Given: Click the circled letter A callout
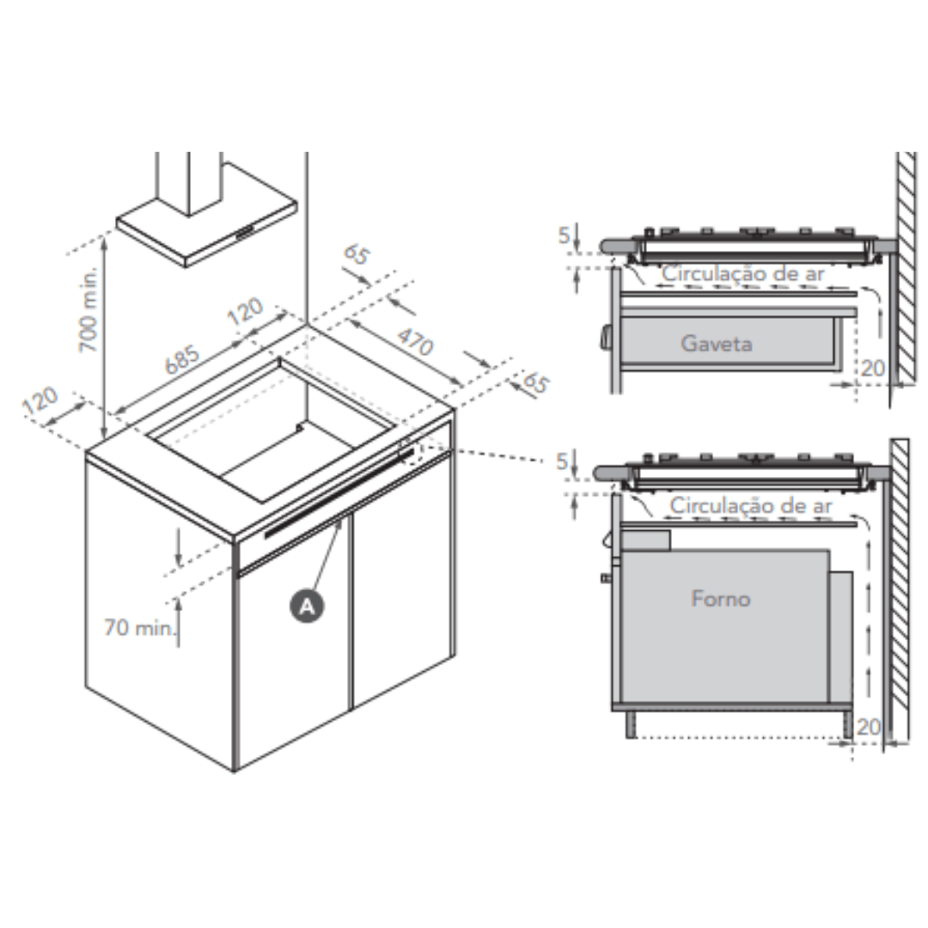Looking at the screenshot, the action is [307, 606].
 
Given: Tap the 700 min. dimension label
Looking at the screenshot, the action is [89, 309].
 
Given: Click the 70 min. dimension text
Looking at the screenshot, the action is [140, 626].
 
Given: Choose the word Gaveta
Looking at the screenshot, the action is [717, 343].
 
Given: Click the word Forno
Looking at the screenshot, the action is [721, 598].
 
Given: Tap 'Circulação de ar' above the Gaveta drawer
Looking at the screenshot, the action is [742, 273].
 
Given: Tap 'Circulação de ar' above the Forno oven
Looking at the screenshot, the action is [751, 505].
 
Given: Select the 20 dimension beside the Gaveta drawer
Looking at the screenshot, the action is [872, 368].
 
